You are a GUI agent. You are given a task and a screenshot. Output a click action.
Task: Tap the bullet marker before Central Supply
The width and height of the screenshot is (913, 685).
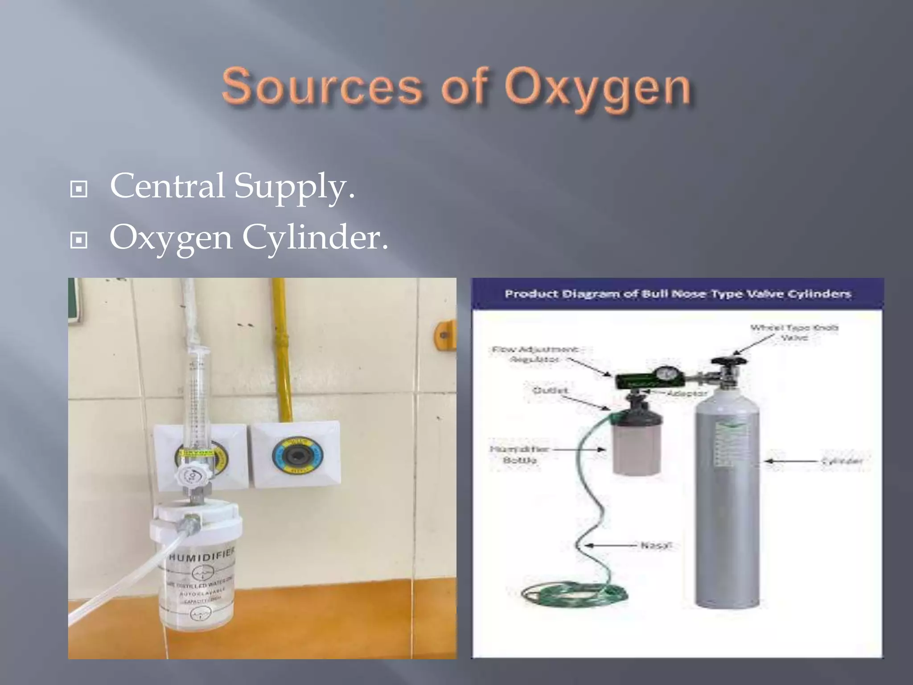pos(79,189)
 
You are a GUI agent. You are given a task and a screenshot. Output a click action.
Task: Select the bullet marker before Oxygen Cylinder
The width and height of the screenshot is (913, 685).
pos(79,241)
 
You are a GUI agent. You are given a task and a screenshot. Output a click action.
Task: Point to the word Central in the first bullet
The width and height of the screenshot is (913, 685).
pos(167,186)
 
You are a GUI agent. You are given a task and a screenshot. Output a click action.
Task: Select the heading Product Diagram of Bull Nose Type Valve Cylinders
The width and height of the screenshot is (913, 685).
pos(678,294)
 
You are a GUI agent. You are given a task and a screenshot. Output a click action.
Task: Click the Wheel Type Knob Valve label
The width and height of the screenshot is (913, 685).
pos(794,333)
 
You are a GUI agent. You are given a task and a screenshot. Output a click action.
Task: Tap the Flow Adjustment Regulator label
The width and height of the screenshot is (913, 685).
pos(535,354)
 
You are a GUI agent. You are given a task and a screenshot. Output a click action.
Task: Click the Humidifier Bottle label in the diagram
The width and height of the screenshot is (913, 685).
pos(519,454)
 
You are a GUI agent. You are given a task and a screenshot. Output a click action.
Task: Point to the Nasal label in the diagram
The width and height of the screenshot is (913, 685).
pos(655,545)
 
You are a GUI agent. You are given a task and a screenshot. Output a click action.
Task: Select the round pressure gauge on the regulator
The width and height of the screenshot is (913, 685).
pos(665,373)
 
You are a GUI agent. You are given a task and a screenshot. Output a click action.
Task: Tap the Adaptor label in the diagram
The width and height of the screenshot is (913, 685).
pos(687,393)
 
